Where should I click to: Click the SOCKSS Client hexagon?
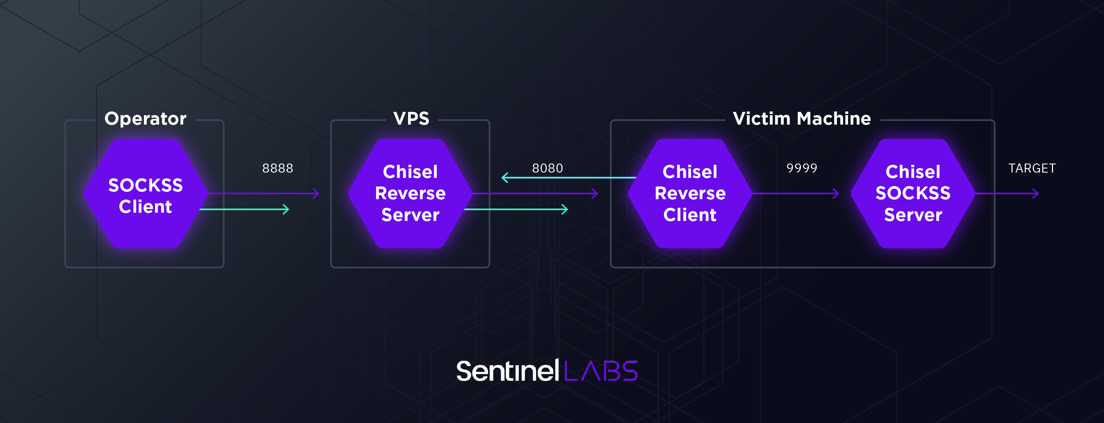pyautogui.click(x=145, y=193)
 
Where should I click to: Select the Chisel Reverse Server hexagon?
pyautogui.click(x=410, y=193)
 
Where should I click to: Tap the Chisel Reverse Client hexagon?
pyautogui.click(x=689, y=193)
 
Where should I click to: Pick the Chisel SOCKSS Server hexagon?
pyautogui.click(x=913, y=193)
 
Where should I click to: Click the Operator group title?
pyautogui.click(x=145, y=118)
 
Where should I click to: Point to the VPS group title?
pyautogui.click(x=411, y=118)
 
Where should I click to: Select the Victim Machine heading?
pyautogui.click(x=801, y=118)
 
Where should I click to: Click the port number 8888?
pyautogui.click(x=278, y=168)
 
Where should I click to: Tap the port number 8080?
pyautogui.click(x=547, y=168)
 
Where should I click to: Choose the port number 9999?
pyautogui.click(x=801, y=168)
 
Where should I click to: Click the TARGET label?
pyautogui.click(x=1031, y=168)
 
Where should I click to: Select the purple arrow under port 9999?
pyautogui.click(x=795, y=193)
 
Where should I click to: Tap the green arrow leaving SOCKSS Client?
pyautogui.click(x=244, y=209)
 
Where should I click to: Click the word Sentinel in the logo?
pyautogui.click(x=507, y=371)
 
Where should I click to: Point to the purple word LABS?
pyautogui.click(x=601, y=371)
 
